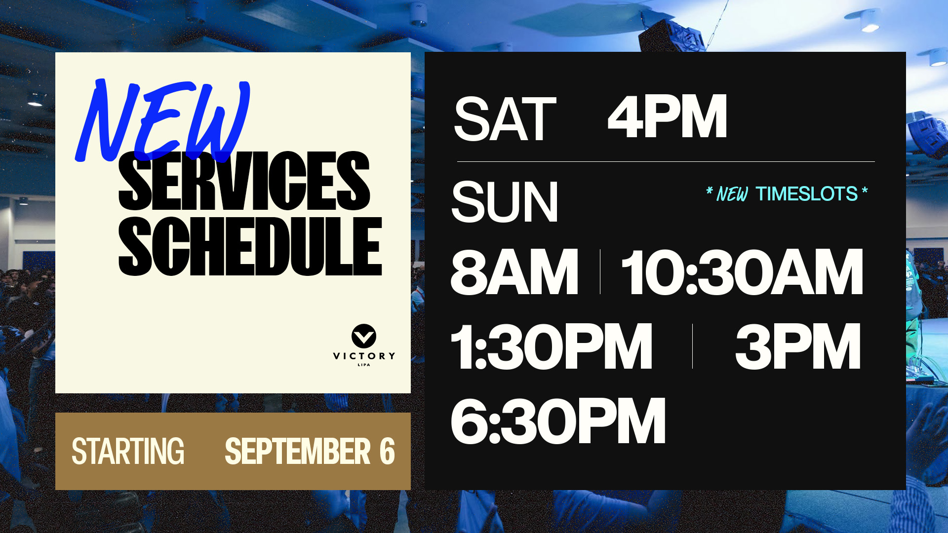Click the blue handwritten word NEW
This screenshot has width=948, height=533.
(x=163, y=121)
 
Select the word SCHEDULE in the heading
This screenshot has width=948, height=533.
(x=250, y=246)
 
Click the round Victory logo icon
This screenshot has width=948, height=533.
(x=364, y=336)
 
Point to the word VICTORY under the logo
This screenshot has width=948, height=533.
(x=364, y=356)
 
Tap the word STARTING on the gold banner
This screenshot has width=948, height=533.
(x=128, y=451)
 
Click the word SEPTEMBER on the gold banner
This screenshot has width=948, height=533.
(x=297, y=451)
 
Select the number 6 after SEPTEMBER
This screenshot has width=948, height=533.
(x=387, y=451)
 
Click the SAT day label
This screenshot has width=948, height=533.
(x=505, y=119)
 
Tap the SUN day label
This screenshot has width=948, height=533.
(x=505, y=202)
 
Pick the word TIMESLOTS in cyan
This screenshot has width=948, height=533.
(x=806, y=194)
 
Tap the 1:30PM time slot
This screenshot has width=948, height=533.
(x=552, y=346)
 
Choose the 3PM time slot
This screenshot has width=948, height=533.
(x=798, y=346)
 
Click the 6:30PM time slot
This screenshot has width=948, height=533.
(x=558, y=421)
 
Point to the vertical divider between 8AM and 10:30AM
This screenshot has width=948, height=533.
(x=600, y=272)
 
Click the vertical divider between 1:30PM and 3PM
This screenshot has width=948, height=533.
(x=692, y=346)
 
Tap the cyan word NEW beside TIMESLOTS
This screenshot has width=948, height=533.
(x=732, y=194)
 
